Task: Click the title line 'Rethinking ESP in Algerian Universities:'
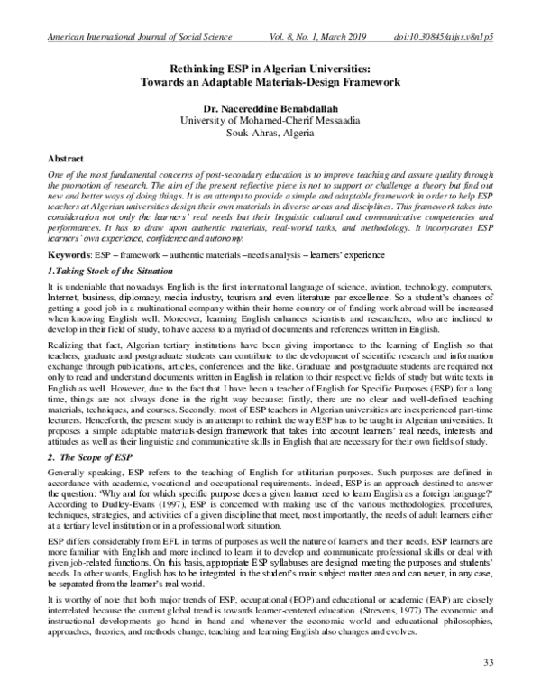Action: point(270,68)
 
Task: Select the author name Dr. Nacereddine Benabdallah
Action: point(270,106)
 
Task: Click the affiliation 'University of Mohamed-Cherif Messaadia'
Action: point(270,119)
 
